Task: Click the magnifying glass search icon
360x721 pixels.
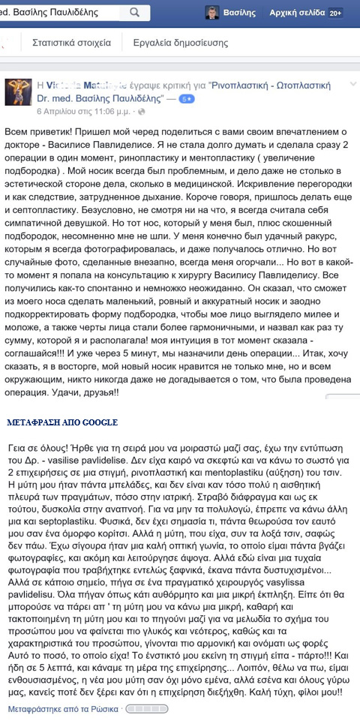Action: tap(136, 13)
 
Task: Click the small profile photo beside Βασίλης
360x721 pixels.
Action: tap(214, 13)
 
